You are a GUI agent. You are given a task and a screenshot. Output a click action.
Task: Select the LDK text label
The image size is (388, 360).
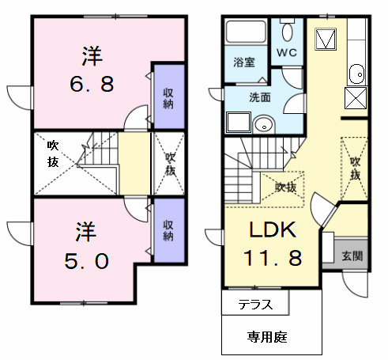tap(272, 230)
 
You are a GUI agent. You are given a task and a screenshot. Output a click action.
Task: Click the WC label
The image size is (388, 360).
tap(285, 53)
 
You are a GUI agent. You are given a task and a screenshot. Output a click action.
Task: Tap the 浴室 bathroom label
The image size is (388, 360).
tap(243, 62)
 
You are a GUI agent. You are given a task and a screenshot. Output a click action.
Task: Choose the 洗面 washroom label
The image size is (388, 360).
tap(260, 97)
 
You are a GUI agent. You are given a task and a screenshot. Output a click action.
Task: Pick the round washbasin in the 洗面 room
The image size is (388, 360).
tap(265, 123)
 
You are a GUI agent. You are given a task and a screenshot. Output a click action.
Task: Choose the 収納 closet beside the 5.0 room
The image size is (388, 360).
tap(168, 231)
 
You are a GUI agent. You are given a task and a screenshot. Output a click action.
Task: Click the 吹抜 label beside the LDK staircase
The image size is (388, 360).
tap(286, 187)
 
